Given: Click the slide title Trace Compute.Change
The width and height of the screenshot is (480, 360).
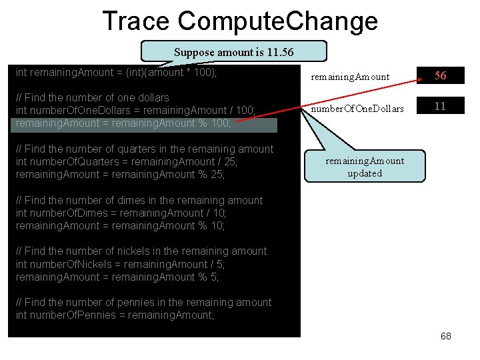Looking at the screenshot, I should point(240,21).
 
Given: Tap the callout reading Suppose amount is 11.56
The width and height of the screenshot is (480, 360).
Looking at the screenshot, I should point(233,52).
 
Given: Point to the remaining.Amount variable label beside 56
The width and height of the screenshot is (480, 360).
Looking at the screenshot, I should point(350,77).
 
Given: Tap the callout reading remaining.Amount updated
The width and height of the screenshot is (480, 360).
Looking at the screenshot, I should point(364,167).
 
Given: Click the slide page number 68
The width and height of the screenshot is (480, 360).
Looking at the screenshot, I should point(446,336).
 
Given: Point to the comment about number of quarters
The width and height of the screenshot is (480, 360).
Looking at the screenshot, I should point(144,149).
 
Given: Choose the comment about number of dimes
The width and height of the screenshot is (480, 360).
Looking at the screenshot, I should point(139,200).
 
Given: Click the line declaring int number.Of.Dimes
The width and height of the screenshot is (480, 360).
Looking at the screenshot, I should point(121,213).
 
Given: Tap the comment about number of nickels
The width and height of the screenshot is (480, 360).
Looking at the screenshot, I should point(141,251).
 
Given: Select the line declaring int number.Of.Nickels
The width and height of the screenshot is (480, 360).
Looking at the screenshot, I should point(121,264).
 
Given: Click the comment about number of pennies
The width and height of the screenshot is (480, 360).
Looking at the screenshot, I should point(143,302).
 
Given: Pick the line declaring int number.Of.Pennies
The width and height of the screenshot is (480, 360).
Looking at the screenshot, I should point(115,315).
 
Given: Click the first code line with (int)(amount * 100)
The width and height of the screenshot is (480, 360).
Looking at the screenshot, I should point(116,72).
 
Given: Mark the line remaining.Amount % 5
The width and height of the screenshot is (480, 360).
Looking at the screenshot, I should point(117,277).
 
